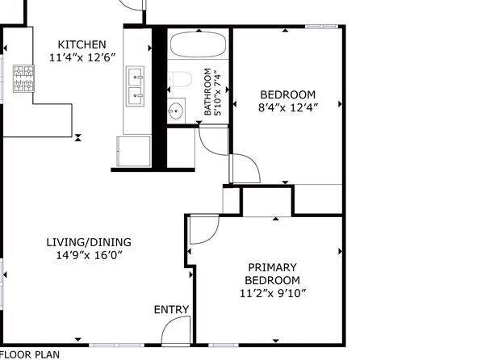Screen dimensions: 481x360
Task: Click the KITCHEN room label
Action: (82, 44)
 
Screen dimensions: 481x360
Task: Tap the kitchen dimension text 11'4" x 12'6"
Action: (82, 57)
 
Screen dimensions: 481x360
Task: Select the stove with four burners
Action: (23, 78)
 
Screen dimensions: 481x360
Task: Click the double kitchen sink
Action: (135, 86)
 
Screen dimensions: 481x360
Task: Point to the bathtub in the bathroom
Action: (199, 44)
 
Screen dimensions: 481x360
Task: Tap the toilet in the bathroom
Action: (181, 79)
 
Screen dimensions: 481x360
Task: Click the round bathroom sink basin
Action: (176, 111)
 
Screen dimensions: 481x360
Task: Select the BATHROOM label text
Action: (207, 92)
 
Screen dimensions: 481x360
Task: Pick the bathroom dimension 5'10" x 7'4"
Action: (217, 93)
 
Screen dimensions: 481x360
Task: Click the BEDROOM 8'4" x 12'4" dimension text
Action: (288, 107)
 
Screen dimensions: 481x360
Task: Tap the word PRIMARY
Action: (273, 267)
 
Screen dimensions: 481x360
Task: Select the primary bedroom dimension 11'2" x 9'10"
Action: (273, 293)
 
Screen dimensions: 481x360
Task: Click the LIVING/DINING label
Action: (89, 242)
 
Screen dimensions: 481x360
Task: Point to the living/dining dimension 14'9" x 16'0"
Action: (89, 255)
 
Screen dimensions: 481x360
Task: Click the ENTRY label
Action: (171, 310)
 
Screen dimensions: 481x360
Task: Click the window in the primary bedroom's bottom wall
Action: (224, 345)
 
